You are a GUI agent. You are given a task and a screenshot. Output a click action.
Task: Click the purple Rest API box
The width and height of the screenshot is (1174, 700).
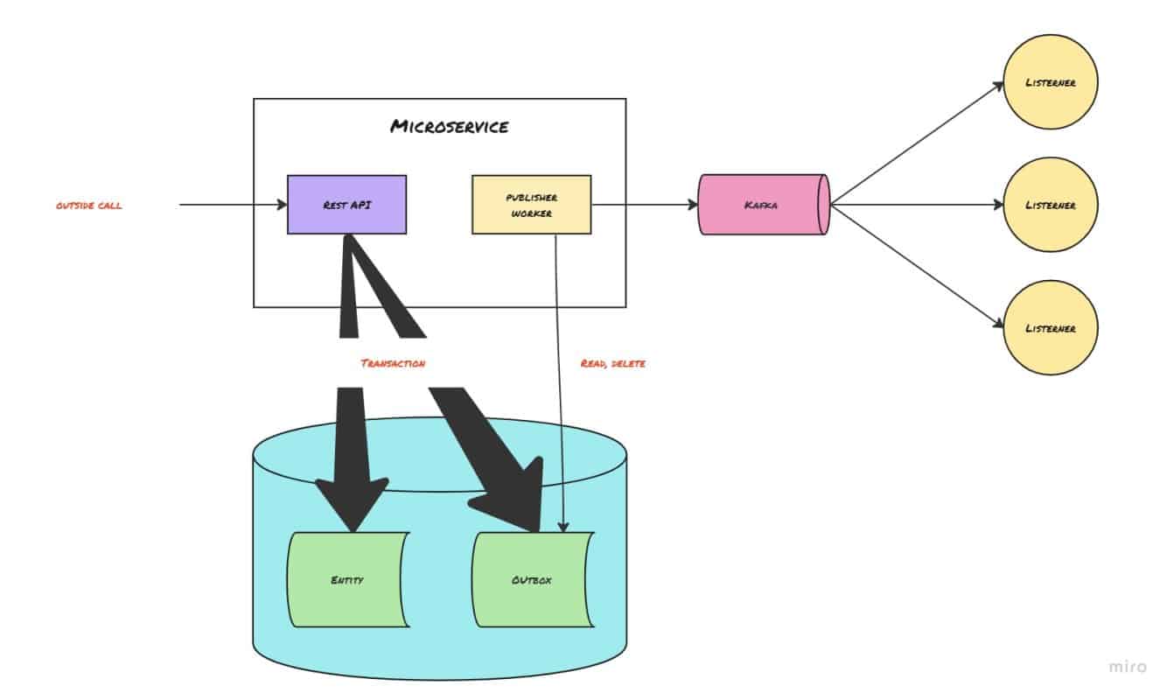tap(346, 205)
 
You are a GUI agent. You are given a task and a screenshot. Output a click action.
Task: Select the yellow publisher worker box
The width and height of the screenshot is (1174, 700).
tap(531, 205)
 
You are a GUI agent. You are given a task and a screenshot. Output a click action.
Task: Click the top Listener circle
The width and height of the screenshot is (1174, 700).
tap(1050, 83)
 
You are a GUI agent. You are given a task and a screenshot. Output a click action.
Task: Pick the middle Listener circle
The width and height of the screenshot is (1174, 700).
tap(1050, 205)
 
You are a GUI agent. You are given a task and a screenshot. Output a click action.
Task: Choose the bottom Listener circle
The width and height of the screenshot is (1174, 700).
tap(1050, 328)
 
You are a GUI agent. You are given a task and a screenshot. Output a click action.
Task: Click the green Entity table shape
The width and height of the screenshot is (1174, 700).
tap(347, 579)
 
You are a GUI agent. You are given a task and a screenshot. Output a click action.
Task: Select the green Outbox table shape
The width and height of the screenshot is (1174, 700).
tap(531, 579)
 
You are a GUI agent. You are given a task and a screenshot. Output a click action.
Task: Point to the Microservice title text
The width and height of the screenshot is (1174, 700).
tap(449, 127)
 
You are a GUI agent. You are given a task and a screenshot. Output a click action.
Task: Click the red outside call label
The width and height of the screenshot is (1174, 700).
tap(88, 206)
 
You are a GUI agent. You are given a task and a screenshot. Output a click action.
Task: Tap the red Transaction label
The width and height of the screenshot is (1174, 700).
tap(393, 362)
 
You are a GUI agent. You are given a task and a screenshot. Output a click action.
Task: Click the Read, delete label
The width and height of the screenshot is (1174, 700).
tap(612, 362)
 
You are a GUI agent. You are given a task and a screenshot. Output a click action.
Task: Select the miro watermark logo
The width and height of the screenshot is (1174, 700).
tap(1127, 667)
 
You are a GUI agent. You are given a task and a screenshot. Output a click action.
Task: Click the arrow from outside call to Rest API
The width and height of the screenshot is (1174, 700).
tap(232, 205)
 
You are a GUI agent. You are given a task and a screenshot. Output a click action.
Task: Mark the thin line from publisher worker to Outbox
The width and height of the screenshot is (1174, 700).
tap(557, 394)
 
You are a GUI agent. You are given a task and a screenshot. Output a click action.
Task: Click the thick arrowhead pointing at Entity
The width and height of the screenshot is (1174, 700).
tap(352, 503)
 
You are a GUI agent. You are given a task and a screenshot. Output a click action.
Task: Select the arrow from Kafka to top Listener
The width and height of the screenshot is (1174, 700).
tap(914, 145)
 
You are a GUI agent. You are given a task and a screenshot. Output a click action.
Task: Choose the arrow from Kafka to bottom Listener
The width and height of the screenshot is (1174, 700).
tap(914, 266)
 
